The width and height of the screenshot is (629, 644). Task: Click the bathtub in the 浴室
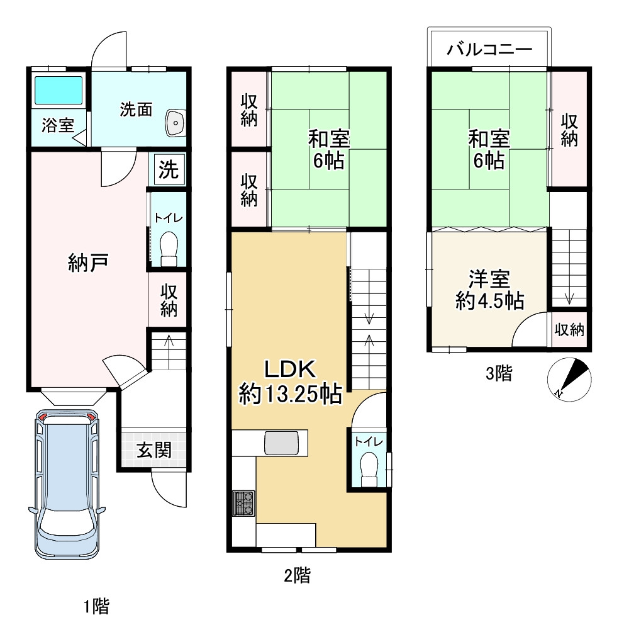(x=58, y=90)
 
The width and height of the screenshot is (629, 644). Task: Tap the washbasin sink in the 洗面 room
(x=174, y=122)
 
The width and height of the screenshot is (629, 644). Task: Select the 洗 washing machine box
(x=167, y=169)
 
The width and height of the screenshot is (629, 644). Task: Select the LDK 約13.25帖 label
(x=290, y=382)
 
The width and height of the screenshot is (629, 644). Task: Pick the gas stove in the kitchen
(x=244, y=502)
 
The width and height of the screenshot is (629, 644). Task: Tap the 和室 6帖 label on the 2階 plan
(x=328, y=149)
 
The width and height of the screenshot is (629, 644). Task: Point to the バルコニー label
(x=489, y=49)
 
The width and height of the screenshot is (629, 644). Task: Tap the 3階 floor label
(x=499, y=374)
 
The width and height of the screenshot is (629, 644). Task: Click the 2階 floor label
(x=297, y=575)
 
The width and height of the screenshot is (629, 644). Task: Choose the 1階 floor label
(x=96, y=607)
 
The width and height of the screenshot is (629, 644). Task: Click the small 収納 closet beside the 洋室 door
(x=570, y=329)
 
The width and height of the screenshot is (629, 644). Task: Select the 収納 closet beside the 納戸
(x=168, y=300)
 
